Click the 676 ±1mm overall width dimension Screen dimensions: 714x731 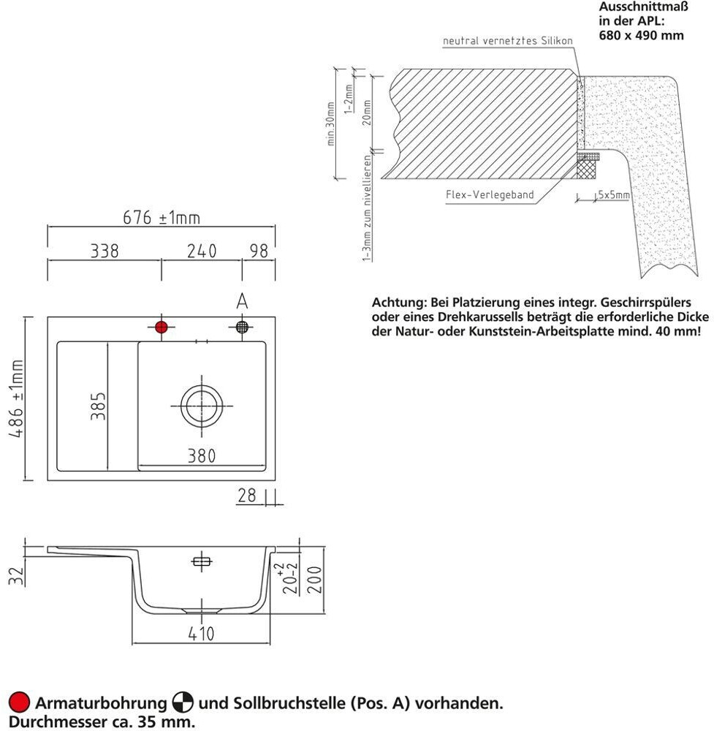pyautogui.click(x=160, y=218)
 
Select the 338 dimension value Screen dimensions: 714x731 pyautogui.click(x=105, y=251)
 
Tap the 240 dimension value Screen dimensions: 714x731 pyautogui.click(x=202, y=251)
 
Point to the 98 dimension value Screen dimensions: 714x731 pyautogui.click(x=259, y=251)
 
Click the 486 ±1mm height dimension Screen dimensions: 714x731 pyautogui.click(x=16, y=399)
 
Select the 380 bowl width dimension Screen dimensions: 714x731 pyautogui.click(x=201, y=456)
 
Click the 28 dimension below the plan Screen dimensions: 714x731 pyautogui.click(x=247, y=496)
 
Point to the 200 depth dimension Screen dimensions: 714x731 pyautogui.click(x=315, y=580)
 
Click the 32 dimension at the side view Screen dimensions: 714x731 pyautogui.click(x=16, y=575)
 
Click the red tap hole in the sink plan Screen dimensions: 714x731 pyautogui.click(x=162, y=327)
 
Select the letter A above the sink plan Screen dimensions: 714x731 pyautogui.click(x=243, y=300)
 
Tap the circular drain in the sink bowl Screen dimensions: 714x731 pyautogui.click(x=201, y=405)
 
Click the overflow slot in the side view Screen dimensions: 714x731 pyautogui.click(x=201, y=561)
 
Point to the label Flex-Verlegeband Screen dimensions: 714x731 pyautogui.click(x=490, y=195)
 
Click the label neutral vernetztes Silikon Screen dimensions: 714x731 pyautogui.click(x=508, y=41)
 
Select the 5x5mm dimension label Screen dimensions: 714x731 pyautogui.click(x=613, y=195)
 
